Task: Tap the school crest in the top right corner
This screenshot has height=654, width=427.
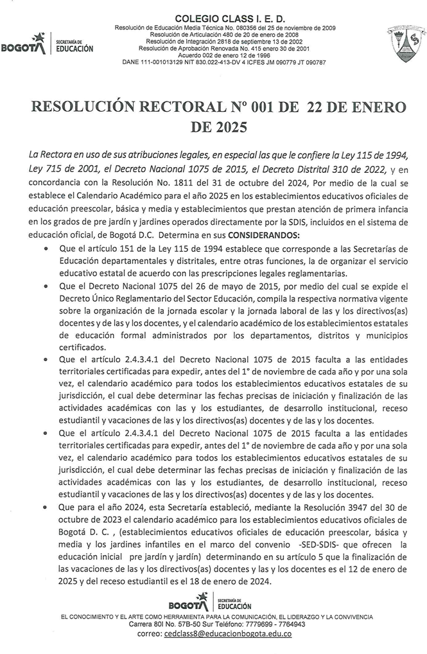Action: pyautogui.click(x=406, y=44)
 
